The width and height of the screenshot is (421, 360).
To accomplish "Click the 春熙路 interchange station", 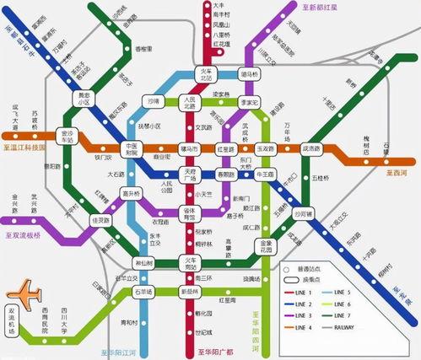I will click(226, 175).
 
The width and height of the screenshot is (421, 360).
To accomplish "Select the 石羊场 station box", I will click(143, 292).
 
